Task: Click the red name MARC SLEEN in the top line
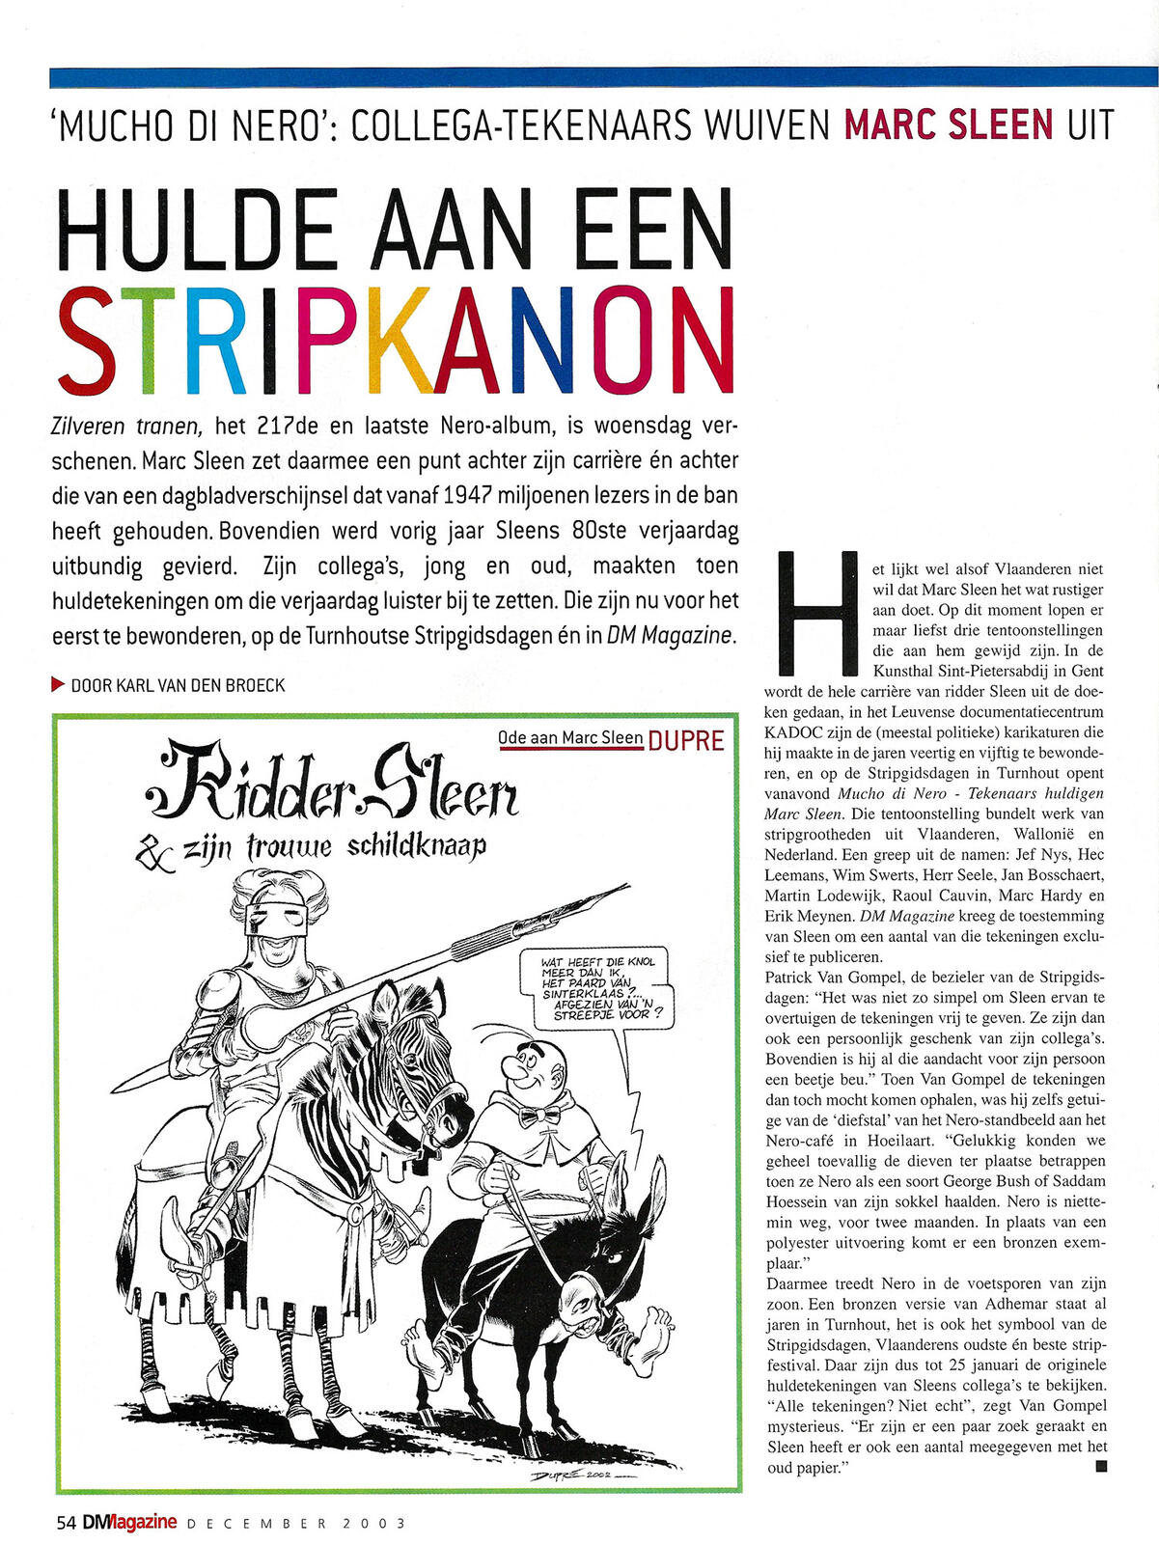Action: tap(948, 124)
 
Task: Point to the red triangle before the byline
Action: tap(58, 684)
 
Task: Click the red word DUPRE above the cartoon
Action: tap(686, 740)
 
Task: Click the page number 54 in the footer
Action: tap(66, 1523)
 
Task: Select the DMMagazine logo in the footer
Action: tap(129, 1522)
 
